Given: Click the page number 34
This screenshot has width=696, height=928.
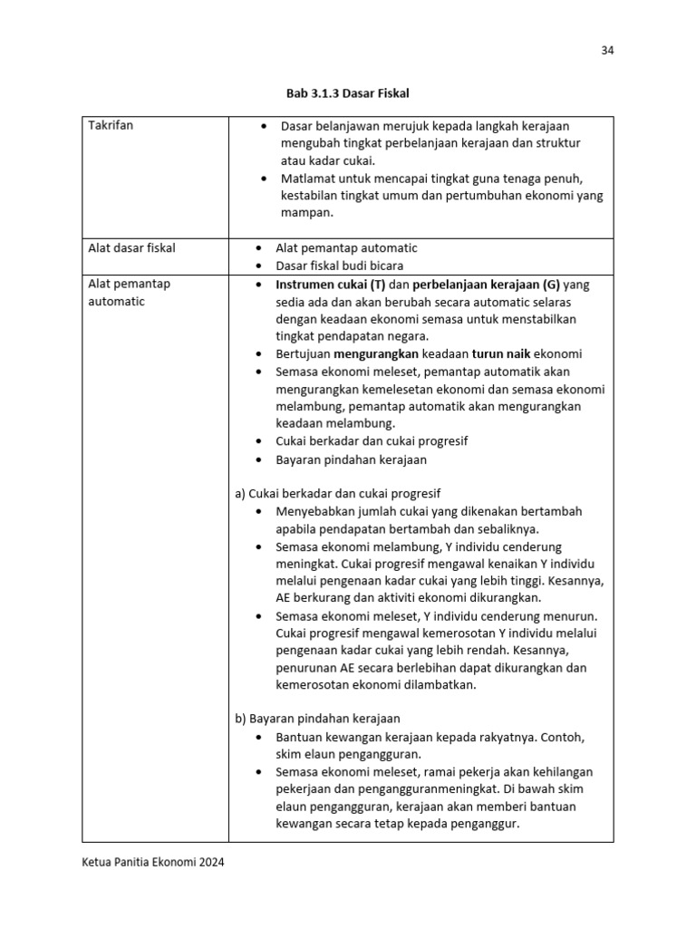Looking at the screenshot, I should (607, 50).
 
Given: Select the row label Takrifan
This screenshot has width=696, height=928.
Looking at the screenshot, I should (111, 125).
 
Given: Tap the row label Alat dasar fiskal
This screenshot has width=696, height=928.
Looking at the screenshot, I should (131, 247).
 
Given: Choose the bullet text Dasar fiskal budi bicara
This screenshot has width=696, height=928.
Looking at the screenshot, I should (340, 266).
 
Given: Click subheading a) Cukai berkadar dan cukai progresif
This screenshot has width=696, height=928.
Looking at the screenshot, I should (338, 493).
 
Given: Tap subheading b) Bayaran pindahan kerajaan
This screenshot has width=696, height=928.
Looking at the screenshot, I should (317, 719).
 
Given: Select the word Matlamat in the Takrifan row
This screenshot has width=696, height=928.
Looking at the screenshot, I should (308, 179).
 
